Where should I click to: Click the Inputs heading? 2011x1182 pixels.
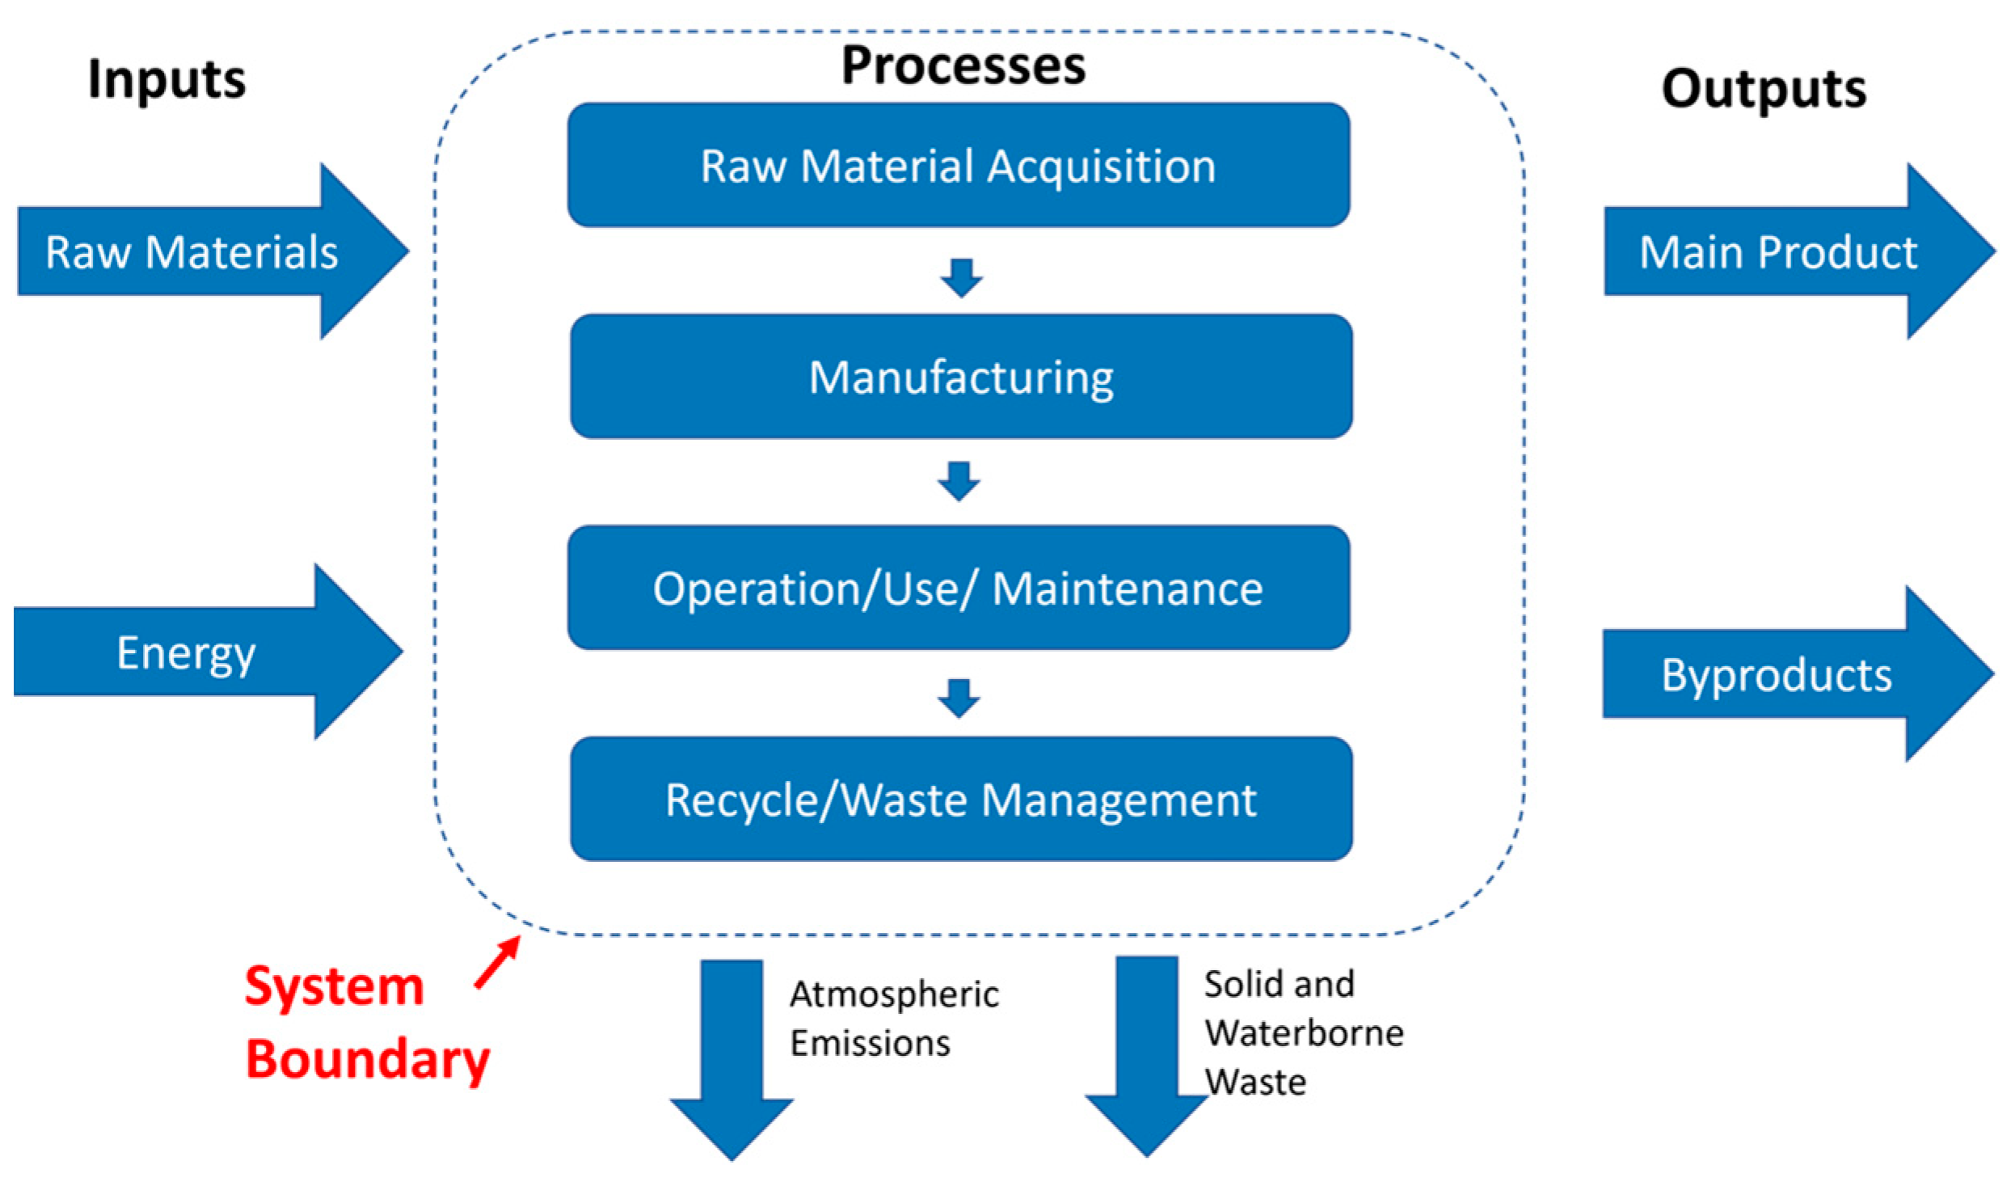point(167,79)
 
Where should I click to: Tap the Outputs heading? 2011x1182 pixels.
point(1763,88)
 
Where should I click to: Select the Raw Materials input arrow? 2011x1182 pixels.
point(194,251)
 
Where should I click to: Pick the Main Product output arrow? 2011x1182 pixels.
point(1778,251)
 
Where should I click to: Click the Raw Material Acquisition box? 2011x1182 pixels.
point(959,165)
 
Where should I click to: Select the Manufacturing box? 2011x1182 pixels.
point(961,377)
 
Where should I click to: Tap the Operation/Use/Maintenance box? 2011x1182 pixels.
point(959,588)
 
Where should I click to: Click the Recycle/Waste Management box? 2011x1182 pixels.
point(961,799)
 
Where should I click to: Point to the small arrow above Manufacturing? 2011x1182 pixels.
point(961,277)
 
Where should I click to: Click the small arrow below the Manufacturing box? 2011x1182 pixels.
point(959,481)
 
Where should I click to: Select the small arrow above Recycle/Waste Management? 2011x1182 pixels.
point(959,698)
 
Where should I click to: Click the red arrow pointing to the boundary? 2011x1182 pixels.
point(497,962)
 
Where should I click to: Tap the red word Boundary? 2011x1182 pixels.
point(368,1058)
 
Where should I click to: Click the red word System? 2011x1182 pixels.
point(335,986)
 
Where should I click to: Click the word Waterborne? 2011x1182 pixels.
point(1303,1032)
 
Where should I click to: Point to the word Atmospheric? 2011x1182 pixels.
point(894,994)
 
